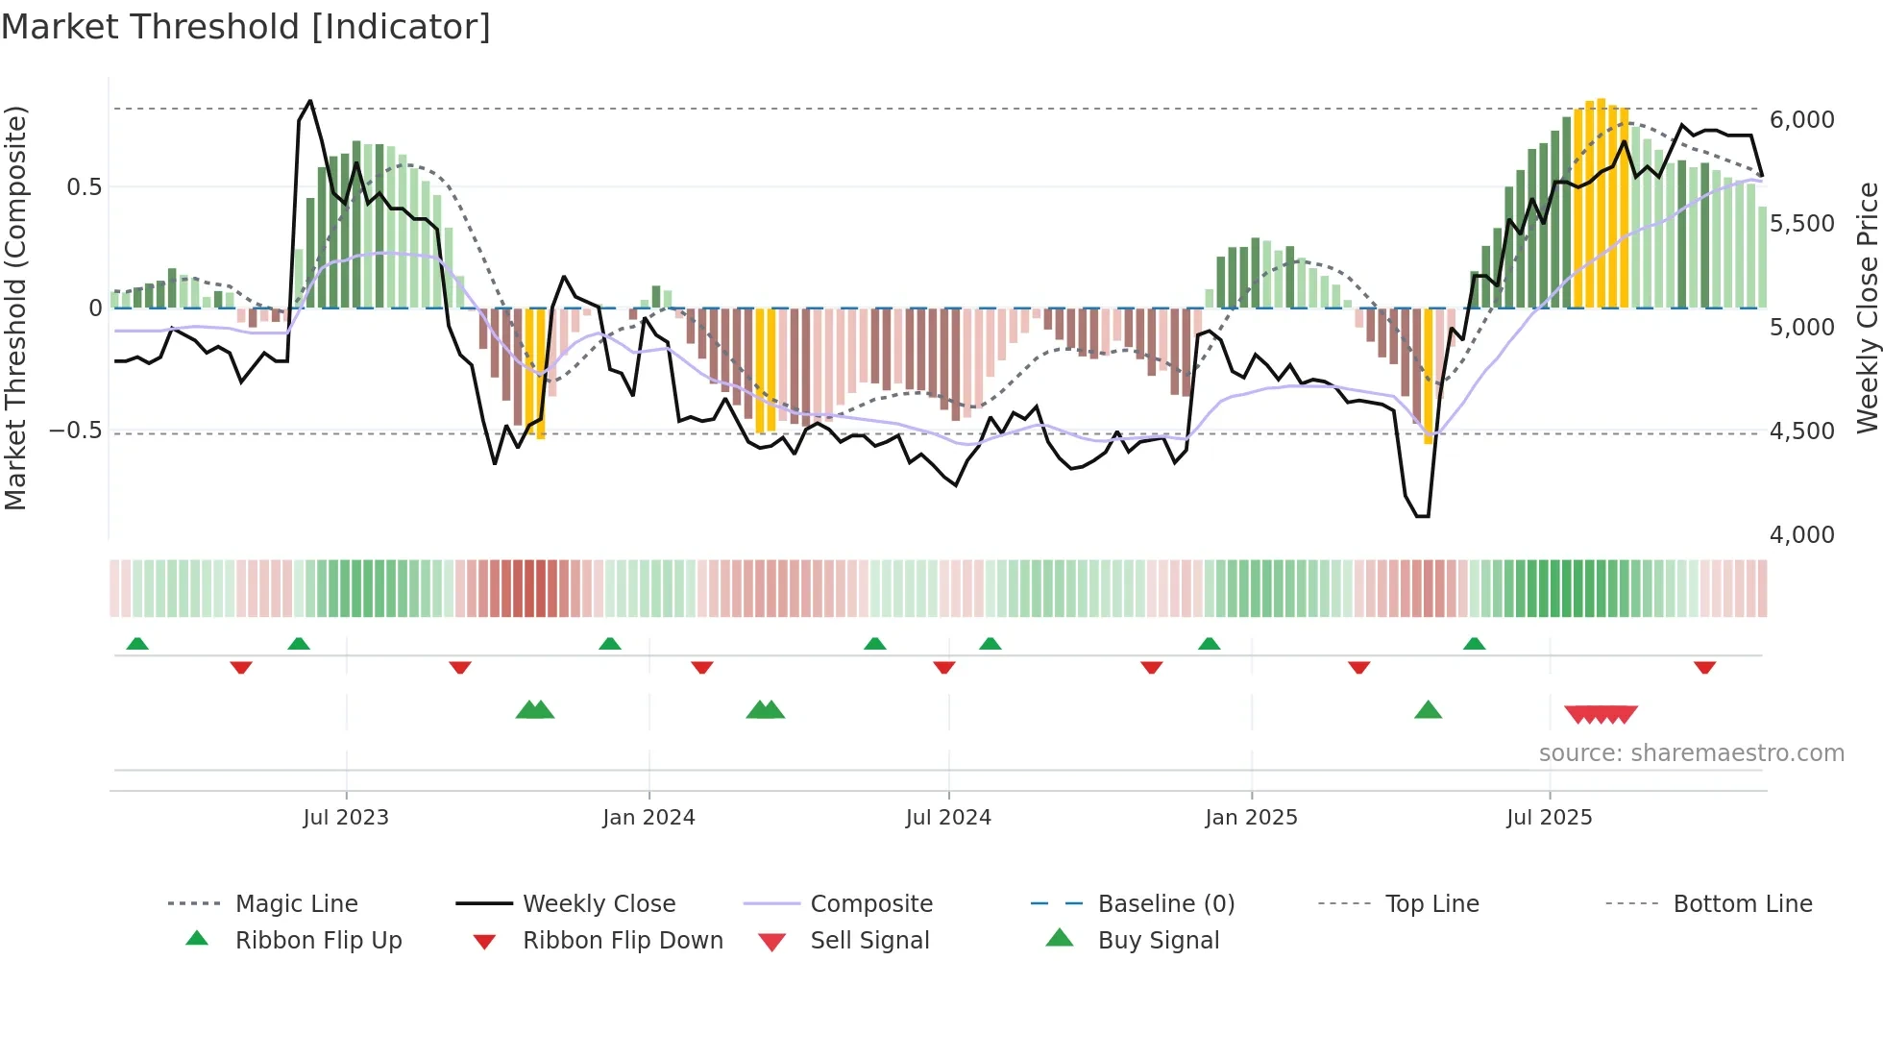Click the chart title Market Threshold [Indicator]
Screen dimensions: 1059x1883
[x=246, y=27]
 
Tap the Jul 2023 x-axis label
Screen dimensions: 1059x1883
[x=346, y=817]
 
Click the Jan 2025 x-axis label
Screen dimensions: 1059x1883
[x=1251, y=817]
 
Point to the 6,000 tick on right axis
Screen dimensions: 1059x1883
[x=1801, y=120]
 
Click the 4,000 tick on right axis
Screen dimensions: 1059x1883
[x=1801, y=534]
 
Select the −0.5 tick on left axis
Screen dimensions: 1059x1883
[x=76, y=430]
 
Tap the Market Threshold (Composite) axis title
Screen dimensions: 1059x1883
[x=15, y=308]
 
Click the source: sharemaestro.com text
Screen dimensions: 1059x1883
[x=1691, y=752]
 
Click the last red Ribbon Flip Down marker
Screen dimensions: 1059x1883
[x=1705, y=667]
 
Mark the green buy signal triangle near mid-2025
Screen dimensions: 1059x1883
[x=1428, y=710]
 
